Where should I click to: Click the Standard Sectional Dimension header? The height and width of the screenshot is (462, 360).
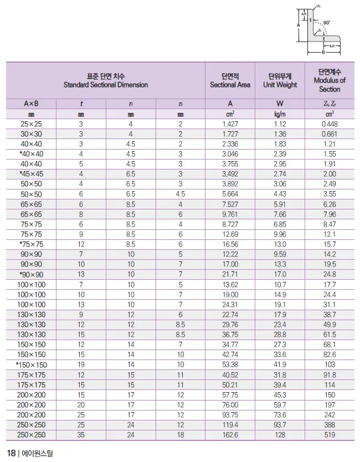pos(105,80)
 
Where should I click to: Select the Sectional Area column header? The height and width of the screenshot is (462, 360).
pos(230,80)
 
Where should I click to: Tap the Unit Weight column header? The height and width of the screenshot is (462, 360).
pos(280,80)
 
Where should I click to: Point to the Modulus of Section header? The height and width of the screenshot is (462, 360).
pos(330,80)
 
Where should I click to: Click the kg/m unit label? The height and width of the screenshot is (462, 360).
pos(280,114)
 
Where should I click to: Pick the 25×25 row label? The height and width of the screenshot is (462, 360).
pos(31,124)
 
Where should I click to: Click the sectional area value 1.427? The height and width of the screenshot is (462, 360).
pos(230,124)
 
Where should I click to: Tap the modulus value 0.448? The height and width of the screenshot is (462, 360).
pos(330,124)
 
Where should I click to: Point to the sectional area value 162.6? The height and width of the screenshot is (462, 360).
pos(230,435)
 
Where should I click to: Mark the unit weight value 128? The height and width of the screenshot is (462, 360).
pos(280,435)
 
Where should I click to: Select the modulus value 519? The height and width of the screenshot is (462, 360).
pos(330,435)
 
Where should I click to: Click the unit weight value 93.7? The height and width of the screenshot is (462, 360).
pos(280,425)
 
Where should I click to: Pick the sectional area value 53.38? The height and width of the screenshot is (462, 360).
pos(230,365)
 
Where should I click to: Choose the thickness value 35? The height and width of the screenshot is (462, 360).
pos(81,435)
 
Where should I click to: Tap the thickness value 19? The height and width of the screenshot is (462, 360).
pos(81,365)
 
